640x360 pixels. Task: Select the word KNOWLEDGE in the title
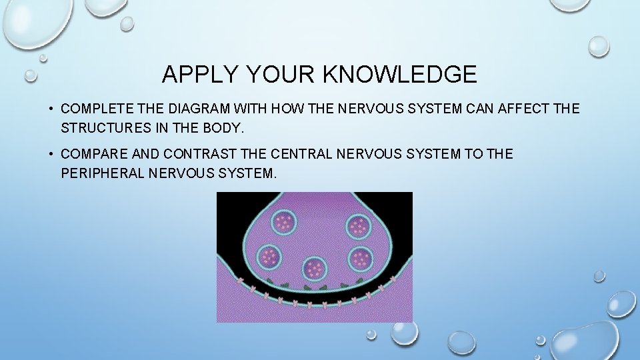pyautogui.click(x=400, y=74)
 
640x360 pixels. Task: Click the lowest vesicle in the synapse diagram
pyautogui.click(x=314, y=269)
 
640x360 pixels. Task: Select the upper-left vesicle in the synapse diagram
pyautogui.click(x=286, y=221)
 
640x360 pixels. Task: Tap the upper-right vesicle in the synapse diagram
pyautogui.click(x=359, y=227)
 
